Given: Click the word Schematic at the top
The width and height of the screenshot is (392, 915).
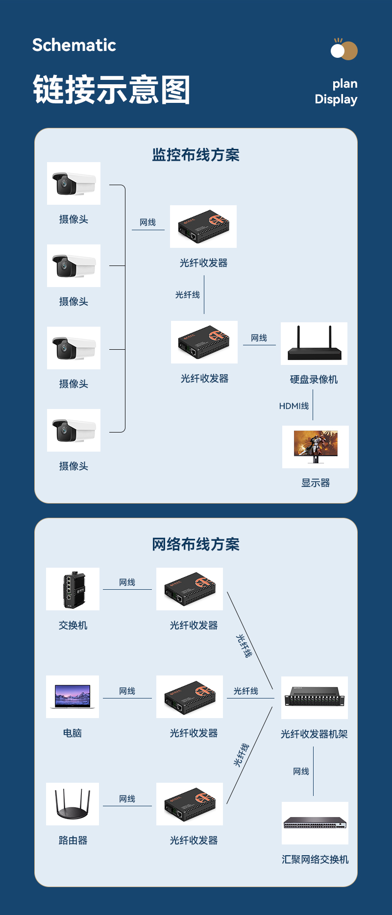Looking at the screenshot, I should tap(74, 45).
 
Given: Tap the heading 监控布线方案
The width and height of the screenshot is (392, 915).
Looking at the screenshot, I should tap(196, 155).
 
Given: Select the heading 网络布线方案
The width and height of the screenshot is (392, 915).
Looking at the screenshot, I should tap(196, 544).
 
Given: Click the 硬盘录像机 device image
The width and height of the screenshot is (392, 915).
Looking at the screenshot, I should tap(314, 343).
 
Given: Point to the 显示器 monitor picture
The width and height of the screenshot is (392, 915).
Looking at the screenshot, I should tap(316, 447).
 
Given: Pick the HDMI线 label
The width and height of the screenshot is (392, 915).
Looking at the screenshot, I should tap(294, 406).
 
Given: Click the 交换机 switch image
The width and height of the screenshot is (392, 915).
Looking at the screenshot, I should tap(73, 589).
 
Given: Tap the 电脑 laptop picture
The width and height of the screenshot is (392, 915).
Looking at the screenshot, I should tap(73, 697).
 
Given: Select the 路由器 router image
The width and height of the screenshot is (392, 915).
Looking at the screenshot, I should tap(73, 804).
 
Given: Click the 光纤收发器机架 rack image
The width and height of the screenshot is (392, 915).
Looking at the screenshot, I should tap(315, 698).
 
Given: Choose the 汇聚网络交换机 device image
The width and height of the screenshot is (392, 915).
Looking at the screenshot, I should tap(315, 823).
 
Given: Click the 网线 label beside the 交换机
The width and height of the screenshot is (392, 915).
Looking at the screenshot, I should tap(127, 582).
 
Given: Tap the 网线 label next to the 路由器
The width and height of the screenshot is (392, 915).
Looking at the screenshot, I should tap(127, 799).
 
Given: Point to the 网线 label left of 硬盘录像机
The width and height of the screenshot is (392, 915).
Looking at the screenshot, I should tap(259, 338).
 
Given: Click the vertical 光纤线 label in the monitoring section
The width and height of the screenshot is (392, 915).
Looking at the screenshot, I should tap(188, 295).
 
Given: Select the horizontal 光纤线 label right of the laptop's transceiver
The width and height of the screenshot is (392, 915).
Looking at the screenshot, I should tap(246, 691).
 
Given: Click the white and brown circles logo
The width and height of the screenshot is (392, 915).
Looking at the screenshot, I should tap(344, 50).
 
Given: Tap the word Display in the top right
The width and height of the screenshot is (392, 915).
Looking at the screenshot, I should tap(336, 99).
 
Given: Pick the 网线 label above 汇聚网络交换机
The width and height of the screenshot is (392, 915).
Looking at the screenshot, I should tap(301, 771).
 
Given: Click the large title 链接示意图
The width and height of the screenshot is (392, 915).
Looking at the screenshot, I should tap(111, 90).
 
